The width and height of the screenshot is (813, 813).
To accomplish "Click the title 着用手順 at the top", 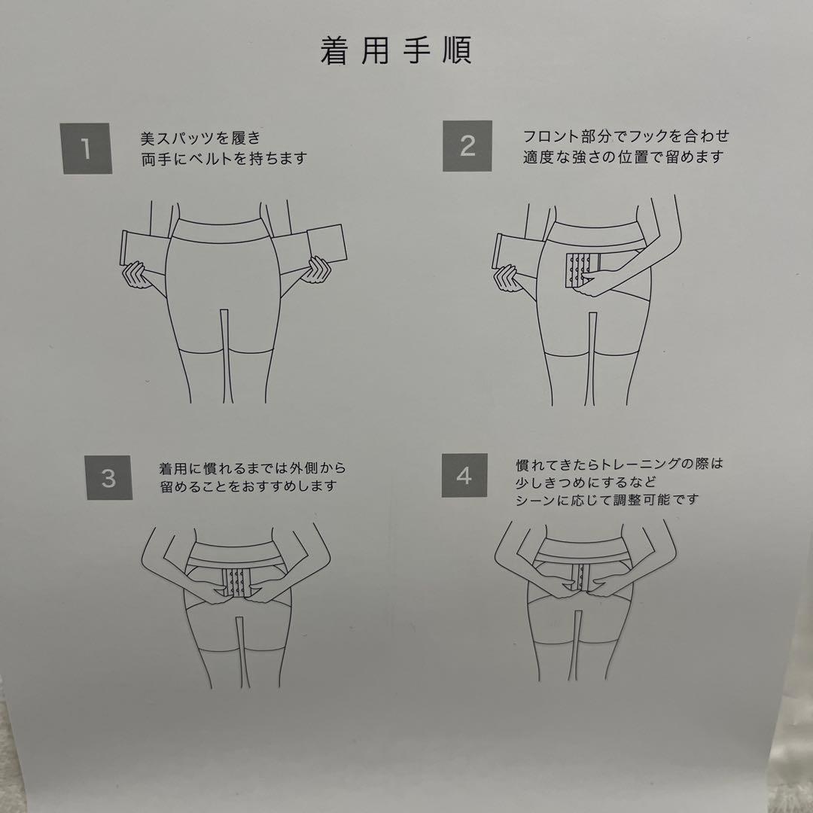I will click(x=395, y=51).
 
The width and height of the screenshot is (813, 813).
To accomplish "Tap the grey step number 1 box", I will click(x=87, y=148).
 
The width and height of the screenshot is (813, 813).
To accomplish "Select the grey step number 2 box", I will click(x=467, y=145).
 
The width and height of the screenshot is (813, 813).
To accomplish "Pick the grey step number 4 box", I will click(x=464, y=476).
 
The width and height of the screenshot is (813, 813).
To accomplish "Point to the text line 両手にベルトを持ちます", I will click(x=224, y=159).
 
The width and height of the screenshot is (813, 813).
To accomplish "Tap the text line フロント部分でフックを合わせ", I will click(x=626, y=136).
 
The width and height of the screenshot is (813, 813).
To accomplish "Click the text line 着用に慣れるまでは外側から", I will click(x=253, y=467).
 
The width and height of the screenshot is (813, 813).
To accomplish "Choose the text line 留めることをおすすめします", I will click(x=248, y=487).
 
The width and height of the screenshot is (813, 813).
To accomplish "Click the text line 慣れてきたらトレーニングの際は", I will click(x=619, y=463).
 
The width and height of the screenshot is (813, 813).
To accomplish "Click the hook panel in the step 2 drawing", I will click(x=579, y=269).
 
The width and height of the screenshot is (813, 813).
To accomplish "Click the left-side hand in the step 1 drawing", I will click(x=136, y=275).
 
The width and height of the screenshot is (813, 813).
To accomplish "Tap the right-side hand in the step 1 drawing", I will click(x=315, y=270).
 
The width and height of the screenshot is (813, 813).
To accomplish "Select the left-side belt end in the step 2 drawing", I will click(x=503, y=251).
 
